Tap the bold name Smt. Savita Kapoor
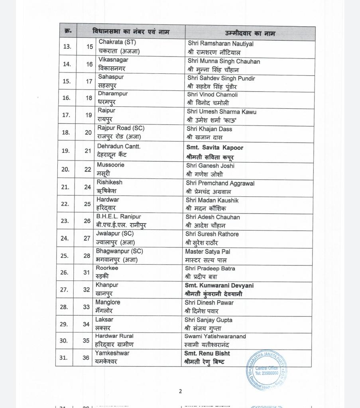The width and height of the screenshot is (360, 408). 214,147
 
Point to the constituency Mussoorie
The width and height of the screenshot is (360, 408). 110,165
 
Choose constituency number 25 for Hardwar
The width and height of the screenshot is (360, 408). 87,204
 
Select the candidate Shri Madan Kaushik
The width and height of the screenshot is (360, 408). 212,200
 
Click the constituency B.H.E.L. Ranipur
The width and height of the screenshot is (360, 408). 118,217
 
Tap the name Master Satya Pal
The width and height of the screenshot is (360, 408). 207,252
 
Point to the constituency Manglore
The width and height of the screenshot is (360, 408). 108,302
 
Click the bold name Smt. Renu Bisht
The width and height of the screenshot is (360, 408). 207,353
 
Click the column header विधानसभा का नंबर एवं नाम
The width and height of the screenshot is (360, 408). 132,31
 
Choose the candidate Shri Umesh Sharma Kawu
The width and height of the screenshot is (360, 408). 222,112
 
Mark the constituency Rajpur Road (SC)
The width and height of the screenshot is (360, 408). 121,128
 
